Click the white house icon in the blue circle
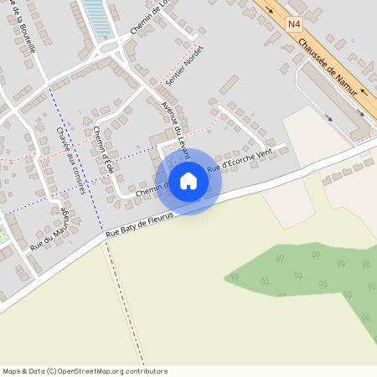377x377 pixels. point(188,181)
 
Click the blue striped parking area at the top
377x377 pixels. point(98,18)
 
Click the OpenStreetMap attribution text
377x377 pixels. point(85,371)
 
